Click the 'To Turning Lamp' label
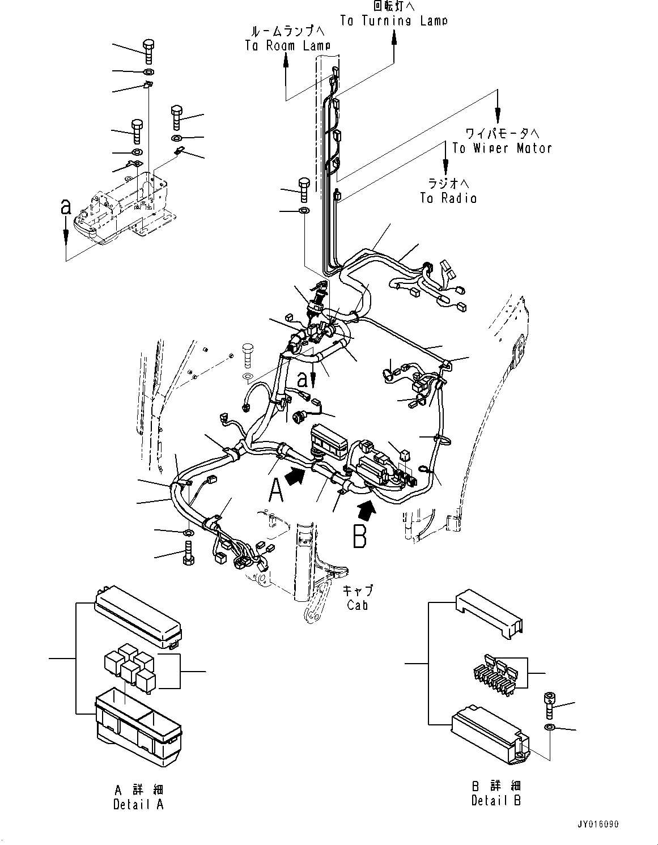coord(393,20)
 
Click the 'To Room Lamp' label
coord(287,46)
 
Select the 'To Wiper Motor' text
coord(502,148)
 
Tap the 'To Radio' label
coord(448,198)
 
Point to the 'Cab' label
coord(358,605)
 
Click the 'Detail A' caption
coord(138,804)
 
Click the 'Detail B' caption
coord(496,800)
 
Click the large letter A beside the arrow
coord(275,490)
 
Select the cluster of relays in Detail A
coord(129,669)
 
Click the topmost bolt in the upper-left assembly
coord(148,51)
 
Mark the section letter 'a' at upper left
coord(66,207)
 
